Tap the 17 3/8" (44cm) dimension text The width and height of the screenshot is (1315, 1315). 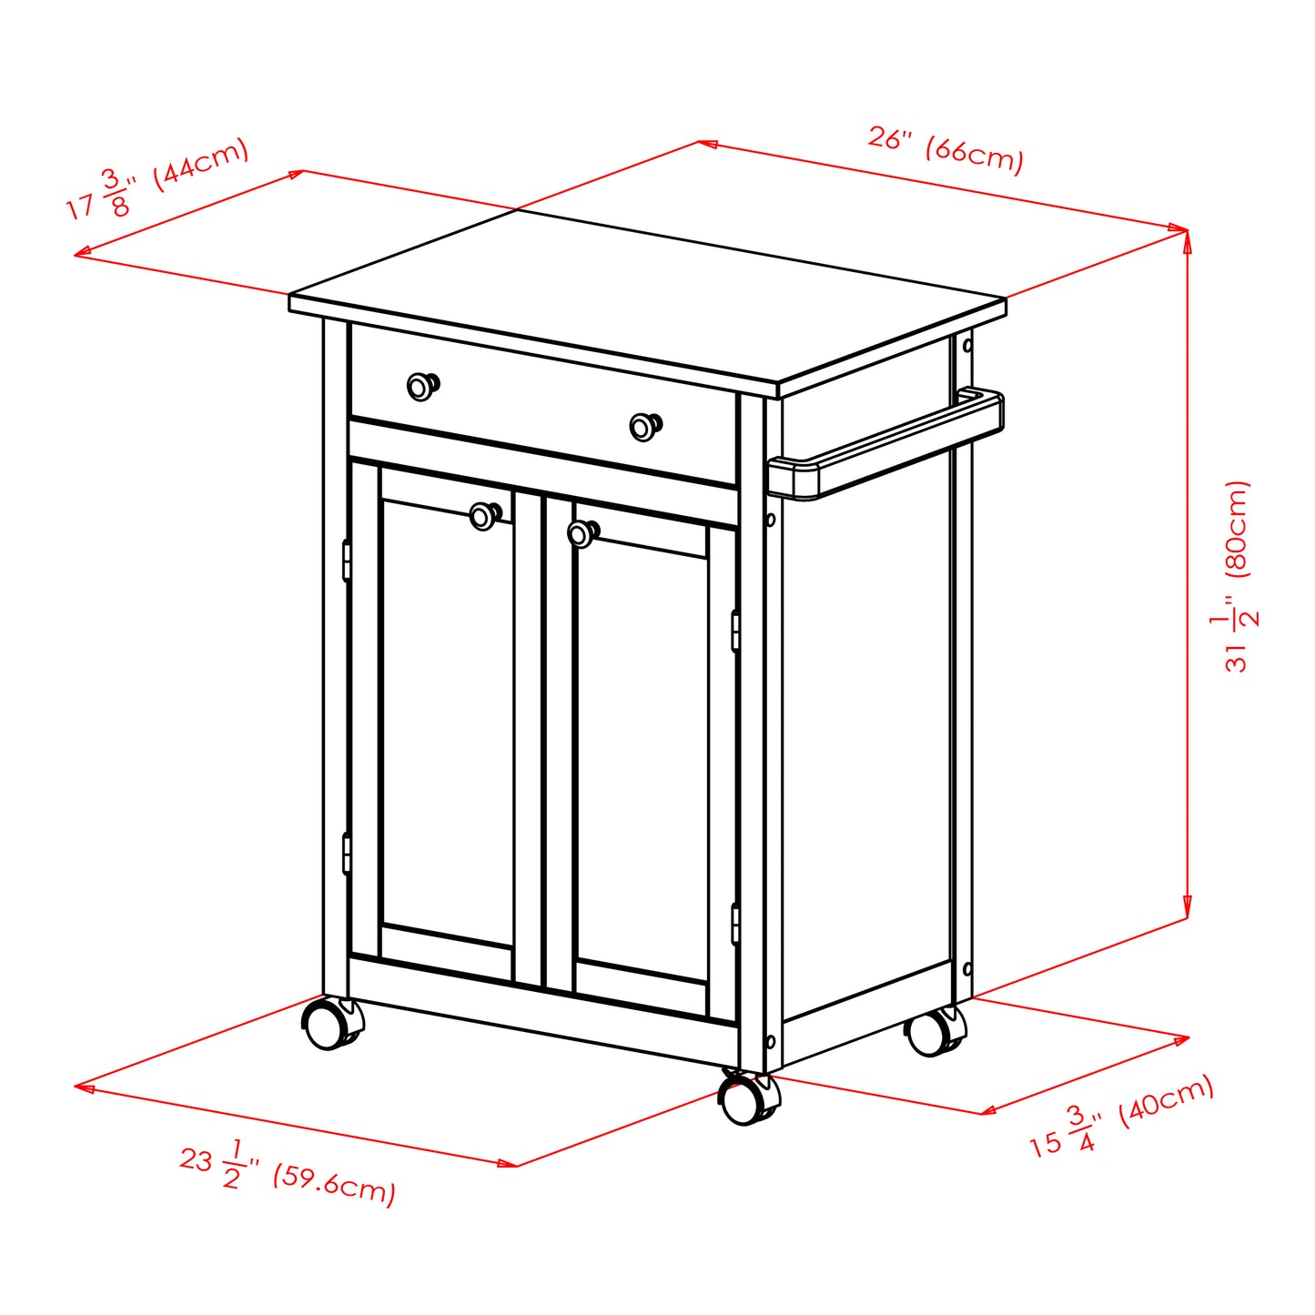point(157,179)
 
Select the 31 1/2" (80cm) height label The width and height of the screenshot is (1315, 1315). point(1238,576)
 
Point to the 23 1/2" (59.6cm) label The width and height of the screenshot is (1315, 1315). point(288,1173)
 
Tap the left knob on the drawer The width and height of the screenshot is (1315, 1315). point(420,386)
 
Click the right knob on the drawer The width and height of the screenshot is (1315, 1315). point(644,427)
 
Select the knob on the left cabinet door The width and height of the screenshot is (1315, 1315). point(483,516)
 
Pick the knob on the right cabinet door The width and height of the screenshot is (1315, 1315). point(582,533)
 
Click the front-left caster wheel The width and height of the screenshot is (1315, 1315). point(326,1024)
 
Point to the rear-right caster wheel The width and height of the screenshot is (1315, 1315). point(932,1033)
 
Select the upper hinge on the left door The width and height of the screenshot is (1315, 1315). point(347,561)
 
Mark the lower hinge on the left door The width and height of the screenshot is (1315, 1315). point(347,853)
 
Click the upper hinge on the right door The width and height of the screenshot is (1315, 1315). point(734,632)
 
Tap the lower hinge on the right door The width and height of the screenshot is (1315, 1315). point(734,924)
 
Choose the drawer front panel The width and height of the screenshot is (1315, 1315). point(542,402)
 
